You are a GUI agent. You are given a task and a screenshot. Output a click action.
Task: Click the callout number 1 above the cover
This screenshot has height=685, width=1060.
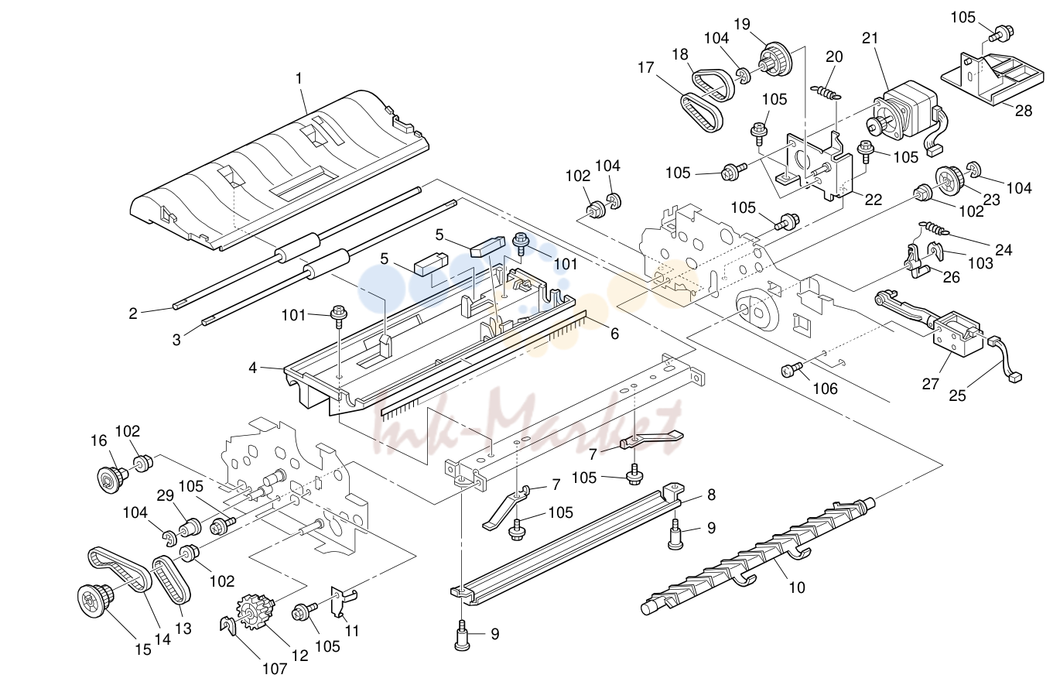(x=299, y=79)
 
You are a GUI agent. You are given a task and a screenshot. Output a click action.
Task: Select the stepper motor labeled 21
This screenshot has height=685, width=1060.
(x=904, y=116)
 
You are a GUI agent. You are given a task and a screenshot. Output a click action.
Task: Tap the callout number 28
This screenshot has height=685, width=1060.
(x=1024, y=111)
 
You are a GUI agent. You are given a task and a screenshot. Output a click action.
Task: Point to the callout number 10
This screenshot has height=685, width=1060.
(x=797, y=587)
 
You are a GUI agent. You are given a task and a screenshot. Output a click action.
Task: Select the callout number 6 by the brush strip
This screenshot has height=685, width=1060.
(x=614, y=334)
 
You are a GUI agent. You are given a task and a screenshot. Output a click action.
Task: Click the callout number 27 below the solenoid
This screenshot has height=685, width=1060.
(x=930, y=383)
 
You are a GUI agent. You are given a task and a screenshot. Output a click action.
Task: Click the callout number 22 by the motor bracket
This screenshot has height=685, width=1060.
(x=874, y=200)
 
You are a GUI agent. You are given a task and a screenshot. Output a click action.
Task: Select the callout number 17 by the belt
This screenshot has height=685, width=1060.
(x=645, y=67)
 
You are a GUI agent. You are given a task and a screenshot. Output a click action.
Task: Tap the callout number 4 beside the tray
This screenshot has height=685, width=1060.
(x=253, y=368)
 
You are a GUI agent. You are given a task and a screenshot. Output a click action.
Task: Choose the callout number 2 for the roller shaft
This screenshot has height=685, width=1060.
(x=133, y=313)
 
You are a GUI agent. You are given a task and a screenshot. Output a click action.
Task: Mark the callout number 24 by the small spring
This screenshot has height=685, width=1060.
(x=1004, y=249)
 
